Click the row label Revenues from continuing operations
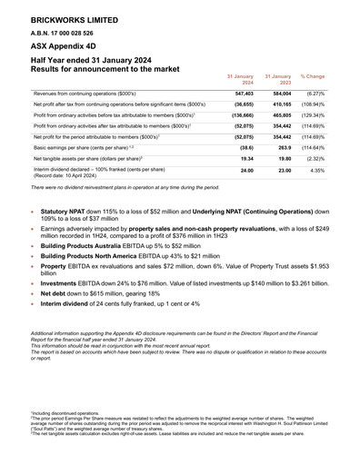point(84,94)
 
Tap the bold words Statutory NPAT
point(61,210)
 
